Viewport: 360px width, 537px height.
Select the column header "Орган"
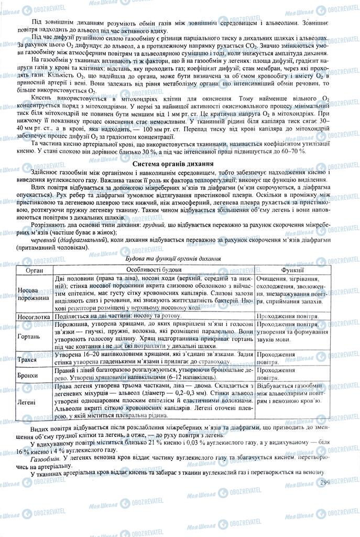point(35,268)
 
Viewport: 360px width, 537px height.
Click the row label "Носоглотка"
point(35,317)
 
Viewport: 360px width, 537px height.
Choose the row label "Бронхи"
point(35,376)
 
